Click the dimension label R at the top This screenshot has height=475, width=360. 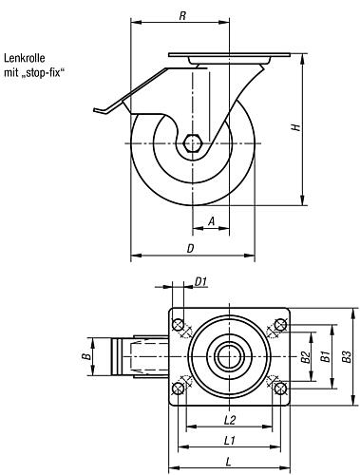click(182, 16)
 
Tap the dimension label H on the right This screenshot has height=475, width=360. click(296, 127)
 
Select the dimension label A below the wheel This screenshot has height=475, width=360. click(211, 221)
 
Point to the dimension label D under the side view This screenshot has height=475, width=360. click(190, 249)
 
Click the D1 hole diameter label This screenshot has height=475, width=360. click(200, 281)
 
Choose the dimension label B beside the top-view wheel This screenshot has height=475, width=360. click(86, 356)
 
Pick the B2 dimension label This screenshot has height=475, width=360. click(306, 357)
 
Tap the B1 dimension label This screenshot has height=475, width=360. click(326, 356)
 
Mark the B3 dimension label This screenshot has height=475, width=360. click(348, 356)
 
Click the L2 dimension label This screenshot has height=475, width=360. click(230, 420)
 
